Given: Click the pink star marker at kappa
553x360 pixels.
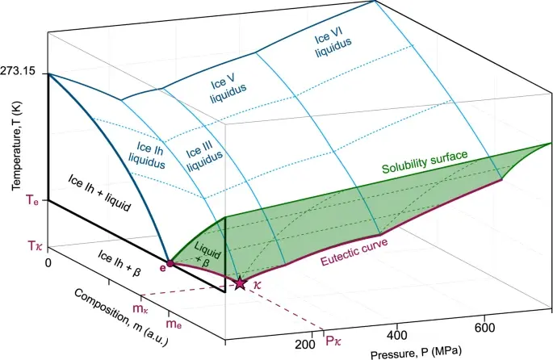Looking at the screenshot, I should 240,283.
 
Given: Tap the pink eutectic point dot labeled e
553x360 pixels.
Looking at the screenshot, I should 170,264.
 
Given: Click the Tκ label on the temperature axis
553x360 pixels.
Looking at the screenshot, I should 31,241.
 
